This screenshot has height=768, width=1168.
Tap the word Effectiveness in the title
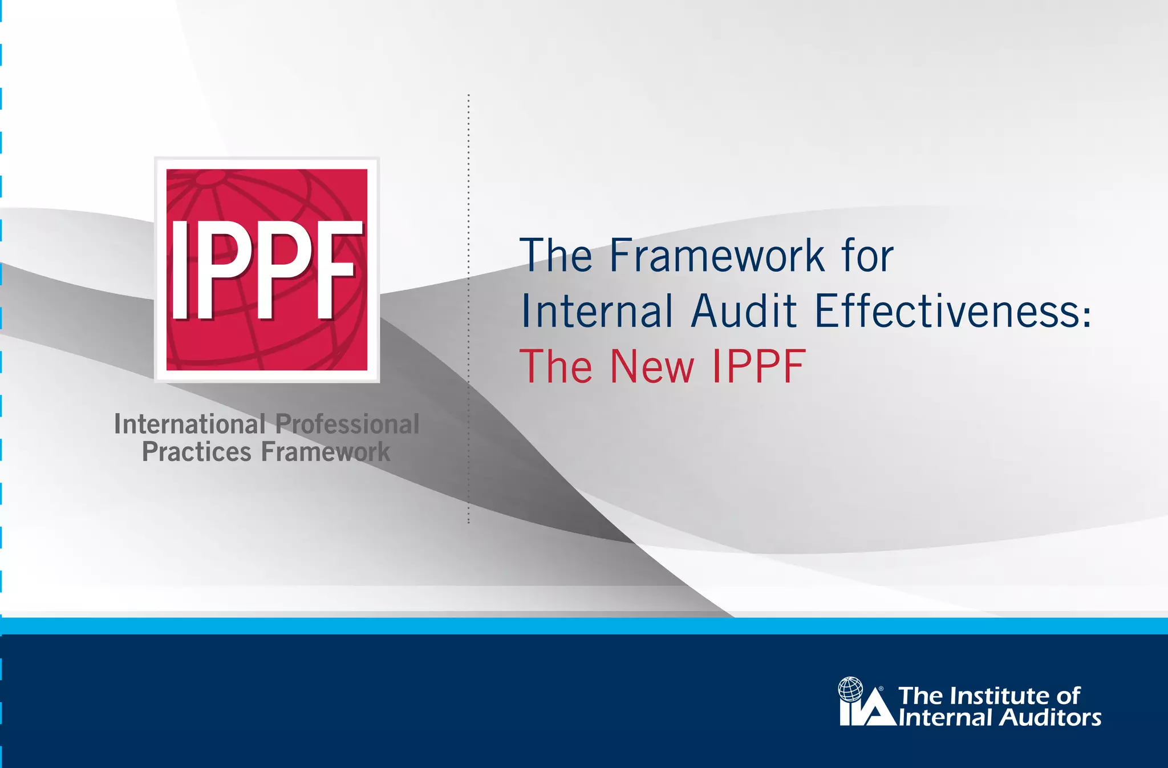947,312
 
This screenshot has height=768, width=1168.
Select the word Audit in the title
744,312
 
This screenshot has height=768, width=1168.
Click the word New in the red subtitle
652,367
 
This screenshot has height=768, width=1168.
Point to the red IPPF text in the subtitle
759,367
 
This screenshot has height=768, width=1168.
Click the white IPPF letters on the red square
266,270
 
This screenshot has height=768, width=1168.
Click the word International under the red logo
190,425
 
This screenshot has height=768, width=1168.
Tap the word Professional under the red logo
347,425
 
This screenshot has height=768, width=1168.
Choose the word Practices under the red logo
196,452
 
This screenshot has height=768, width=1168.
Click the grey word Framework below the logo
326,452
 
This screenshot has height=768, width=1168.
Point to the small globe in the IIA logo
850,689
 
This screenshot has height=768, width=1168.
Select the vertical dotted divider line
468,308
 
